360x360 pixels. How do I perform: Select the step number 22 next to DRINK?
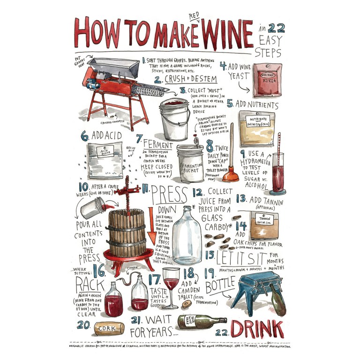(222, 332)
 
